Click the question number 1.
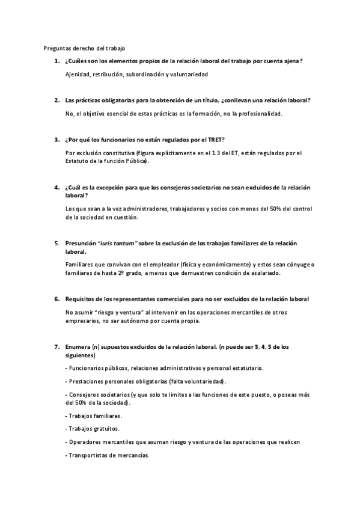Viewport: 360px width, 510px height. point(56,61)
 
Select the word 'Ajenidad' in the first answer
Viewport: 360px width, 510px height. point(78,74)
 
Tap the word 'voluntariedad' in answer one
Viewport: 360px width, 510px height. point(188,74)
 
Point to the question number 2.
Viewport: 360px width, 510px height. point(56,100)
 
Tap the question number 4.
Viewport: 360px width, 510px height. point(56,188)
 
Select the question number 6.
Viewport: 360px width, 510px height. point(56,299)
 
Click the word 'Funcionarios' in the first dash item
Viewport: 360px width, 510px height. point(88,367)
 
